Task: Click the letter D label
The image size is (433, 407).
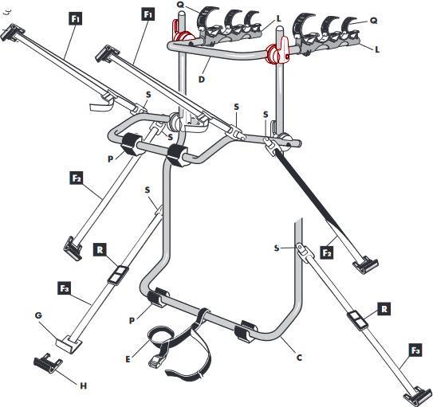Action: coord(202,80)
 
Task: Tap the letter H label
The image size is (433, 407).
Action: coord(84,385)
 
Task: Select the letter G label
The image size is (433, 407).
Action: coord(38,315)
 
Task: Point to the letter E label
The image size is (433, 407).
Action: coord(128,359)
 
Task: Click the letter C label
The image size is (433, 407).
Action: coord(299,358)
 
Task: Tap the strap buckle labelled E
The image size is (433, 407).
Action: coord(155,361)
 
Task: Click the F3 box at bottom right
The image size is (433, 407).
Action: coord(415,351)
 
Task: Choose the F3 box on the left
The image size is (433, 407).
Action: coord(64,288)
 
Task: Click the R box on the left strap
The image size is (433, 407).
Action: coord(100,250)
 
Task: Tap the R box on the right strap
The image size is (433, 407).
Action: coord(384,309)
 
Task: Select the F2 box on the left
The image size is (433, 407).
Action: coord(77,178)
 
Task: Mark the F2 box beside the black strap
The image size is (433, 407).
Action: coord(327,252)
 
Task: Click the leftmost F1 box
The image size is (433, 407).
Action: coord(76,18)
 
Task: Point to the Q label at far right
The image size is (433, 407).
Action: coord(373,21)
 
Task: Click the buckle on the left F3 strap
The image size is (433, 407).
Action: coord(118,275)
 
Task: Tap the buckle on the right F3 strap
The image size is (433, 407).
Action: coord(357,320)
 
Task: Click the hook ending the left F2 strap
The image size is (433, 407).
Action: coord(73,248)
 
